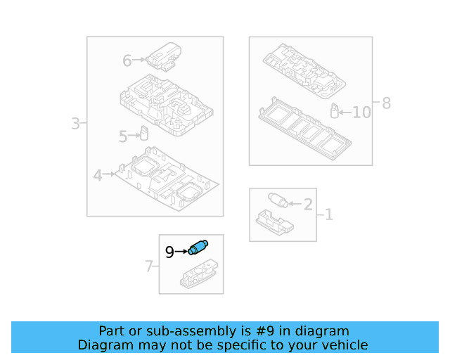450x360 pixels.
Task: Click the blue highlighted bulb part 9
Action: coord(199,247)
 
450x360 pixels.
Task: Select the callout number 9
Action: coord(169,252)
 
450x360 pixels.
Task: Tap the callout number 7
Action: coord(148,266)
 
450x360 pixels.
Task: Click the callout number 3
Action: coord(75,124)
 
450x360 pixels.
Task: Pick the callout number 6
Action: coord(127,61)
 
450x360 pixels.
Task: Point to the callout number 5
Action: coord(123,137)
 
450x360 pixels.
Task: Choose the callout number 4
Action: coord(98,175)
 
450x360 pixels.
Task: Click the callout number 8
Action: coord(385,104)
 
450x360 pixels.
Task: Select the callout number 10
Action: coord(361,112)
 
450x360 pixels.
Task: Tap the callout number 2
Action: coord(307,205)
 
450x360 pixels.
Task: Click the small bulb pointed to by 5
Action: coord(144,133)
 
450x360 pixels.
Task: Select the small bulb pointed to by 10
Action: coord(335,110)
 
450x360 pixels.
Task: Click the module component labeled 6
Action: coord(163,56)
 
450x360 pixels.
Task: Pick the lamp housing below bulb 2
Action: coord(275,221)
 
